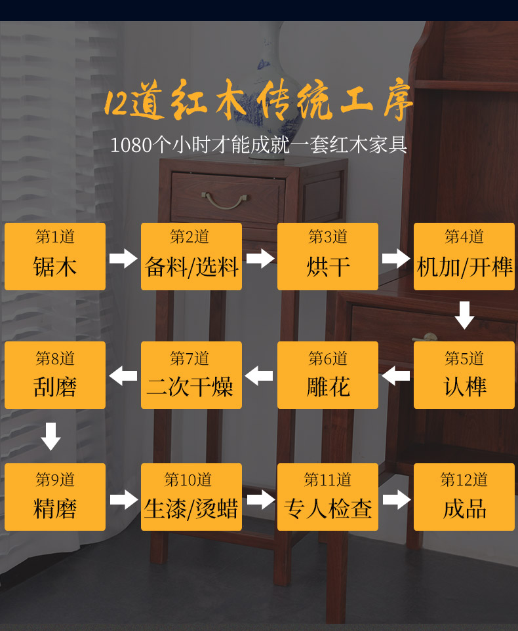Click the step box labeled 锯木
point(55,256)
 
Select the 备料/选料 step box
point(191,256)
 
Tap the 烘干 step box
point(328,256)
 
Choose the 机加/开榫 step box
point(464,256)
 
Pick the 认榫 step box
point(464,375)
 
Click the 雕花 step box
point(328,375)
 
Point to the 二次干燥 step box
point(191,375)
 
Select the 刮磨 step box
point(55,375)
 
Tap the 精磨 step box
point(55,497)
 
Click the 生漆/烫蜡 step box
point(191,497)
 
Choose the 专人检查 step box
point(328,497)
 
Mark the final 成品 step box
point(464,497)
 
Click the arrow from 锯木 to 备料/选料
point(123,258)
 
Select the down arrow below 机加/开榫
point(464,315)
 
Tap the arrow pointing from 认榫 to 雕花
point(396,376)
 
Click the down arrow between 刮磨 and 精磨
point(50,436)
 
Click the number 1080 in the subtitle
point(131,145)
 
